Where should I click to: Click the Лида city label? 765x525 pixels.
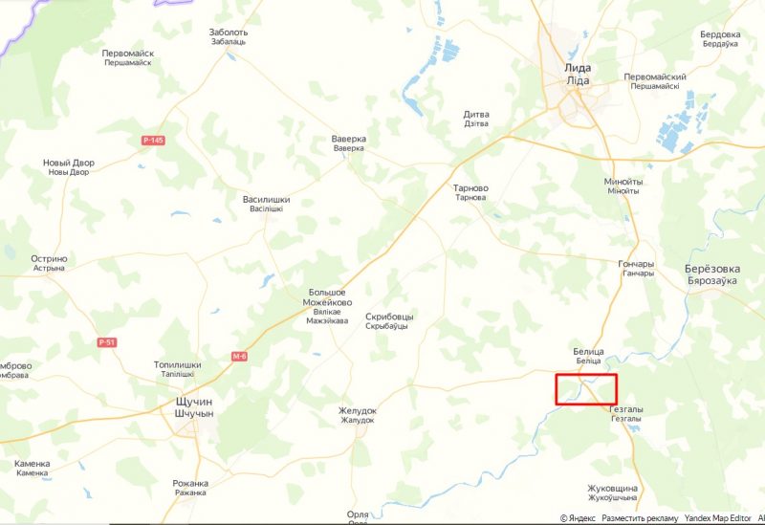[x=578, y=69]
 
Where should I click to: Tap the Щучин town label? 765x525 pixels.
[x=189, y=404]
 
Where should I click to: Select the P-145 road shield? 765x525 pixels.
[x=153, y=141]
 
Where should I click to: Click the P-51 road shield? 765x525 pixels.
[x=106, y=342]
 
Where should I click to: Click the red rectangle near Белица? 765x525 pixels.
[x=586, y=389]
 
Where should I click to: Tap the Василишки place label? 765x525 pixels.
[x=266, y=201]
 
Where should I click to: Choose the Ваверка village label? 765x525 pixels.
[x=349, y=140]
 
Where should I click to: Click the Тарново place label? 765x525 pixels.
[x=470, y=188]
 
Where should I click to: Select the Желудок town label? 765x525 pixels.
[x=358, y=411]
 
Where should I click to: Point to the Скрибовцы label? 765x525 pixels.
[x=389, y=317]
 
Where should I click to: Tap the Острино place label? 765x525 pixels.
[x=49, y=259]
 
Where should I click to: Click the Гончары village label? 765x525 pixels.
[x=638, y=264]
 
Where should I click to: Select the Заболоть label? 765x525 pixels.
[x=229, y=33]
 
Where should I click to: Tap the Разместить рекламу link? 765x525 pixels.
[x=640, y=517]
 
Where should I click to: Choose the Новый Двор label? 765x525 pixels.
[x=70, y=164]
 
